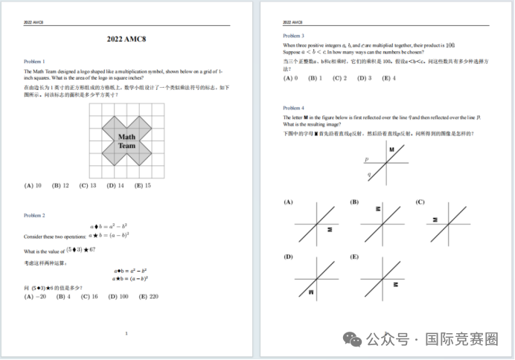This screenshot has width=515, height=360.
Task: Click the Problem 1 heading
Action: click(x=34, y=61)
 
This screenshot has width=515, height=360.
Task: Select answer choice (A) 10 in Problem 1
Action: click(x=33, y=186)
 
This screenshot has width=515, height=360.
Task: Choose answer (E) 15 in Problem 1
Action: click(x=142, y=186)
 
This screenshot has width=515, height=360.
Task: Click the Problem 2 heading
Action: click(x=34, y=215)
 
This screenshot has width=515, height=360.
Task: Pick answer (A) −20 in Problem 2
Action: click(x=35, y=297)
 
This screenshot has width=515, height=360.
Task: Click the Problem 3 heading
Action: click(x=293, y=36)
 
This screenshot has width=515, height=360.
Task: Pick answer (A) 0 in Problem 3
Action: click(x=290, y=78)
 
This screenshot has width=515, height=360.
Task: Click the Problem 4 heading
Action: click(x=293, y=108)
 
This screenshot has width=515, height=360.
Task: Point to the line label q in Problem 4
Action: click(x=369, y=175)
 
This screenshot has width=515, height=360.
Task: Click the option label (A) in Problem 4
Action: click(x=287, y=202)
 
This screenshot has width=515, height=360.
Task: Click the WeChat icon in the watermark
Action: click(x=354, y=338)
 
